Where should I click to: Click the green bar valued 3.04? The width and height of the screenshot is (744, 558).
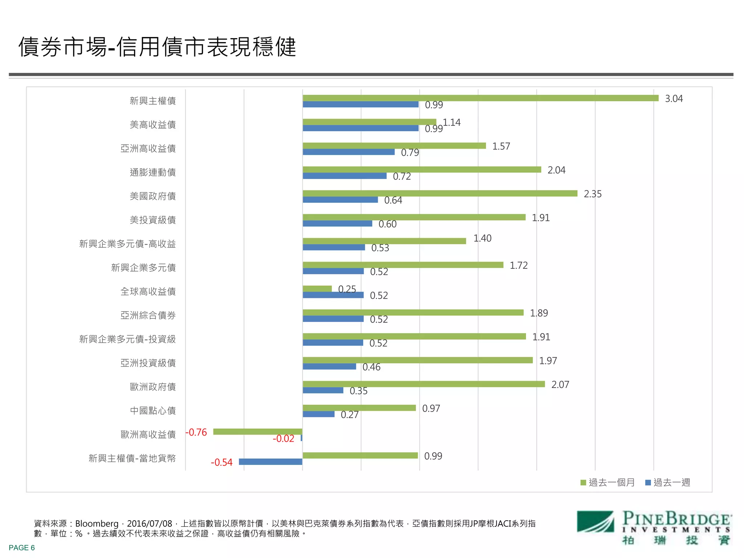pos(480,98)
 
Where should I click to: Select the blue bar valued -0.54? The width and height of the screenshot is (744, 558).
pos(270,462)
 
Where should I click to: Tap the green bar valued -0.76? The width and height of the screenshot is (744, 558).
pos(258,432)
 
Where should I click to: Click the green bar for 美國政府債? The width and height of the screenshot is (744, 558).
pos(440,193)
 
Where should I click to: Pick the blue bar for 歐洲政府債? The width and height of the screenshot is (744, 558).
pos(323,390)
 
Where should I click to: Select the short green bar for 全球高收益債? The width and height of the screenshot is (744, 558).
pos(317,288)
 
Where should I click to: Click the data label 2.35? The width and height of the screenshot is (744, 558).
pos(593,194)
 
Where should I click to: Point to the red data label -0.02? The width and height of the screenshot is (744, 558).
pos(283,438)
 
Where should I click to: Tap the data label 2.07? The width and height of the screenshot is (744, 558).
pos(560,385)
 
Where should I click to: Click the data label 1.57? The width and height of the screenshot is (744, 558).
pos(501,146)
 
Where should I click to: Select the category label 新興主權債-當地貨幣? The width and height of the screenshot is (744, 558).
pos(132,458)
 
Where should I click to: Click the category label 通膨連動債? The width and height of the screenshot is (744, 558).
pos(153,172)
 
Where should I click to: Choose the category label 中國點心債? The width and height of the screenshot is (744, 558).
pos(153,411)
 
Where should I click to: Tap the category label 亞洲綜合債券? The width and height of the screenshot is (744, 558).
pos(148,315)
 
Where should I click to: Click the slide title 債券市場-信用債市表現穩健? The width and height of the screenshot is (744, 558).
pos(157,47)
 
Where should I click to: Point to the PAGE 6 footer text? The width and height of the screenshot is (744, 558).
pos(22,548)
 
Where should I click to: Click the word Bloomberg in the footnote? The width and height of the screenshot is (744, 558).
pos(97,524)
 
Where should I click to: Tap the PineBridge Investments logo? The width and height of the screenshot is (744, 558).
pos(654,527)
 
